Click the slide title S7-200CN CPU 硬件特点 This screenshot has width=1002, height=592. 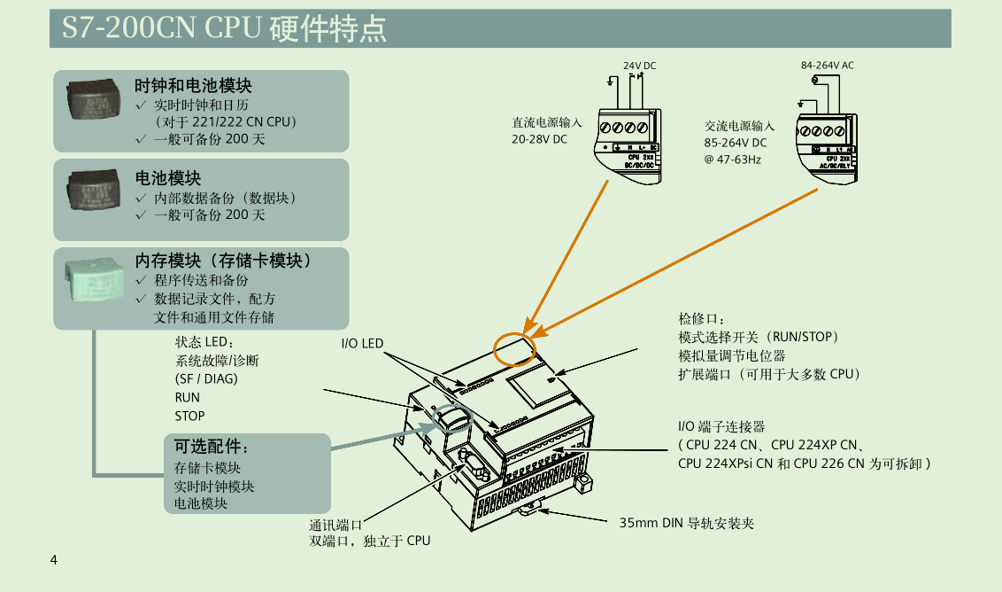224,28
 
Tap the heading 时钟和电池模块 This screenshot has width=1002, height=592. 193,86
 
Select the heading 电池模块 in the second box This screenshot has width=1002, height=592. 167,179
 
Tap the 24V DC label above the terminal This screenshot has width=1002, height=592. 639,66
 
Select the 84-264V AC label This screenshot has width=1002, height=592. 827,66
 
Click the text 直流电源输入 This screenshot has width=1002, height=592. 546,122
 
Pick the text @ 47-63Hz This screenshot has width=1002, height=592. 732,160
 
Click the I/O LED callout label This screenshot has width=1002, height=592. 362,343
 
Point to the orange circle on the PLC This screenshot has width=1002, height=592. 514,348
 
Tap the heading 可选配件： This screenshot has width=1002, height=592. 212,446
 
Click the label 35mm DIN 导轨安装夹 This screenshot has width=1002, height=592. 686,523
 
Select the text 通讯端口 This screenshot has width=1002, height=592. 335,524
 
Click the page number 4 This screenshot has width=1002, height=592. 55,560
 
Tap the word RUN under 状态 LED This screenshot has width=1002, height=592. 187,397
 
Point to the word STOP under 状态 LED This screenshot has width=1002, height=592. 189,416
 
